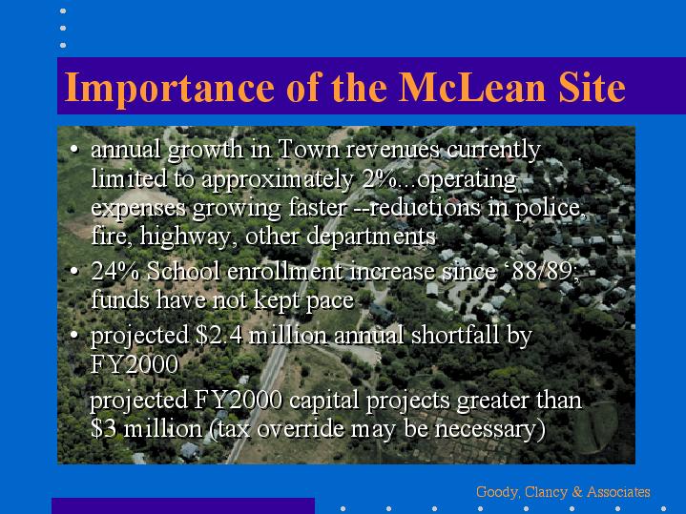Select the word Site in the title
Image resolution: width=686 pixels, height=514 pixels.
point(592,87)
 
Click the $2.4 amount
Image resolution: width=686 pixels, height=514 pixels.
point(218,336)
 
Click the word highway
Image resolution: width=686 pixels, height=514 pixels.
point(189,237)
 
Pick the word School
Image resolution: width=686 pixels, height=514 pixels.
point(183,271)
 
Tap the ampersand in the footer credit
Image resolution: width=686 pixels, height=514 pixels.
point(577,492)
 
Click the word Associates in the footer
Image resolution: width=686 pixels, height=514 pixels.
point(618,492)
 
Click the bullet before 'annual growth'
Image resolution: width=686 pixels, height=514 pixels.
point(74,150)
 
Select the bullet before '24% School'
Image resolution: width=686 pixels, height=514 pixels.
point(74,271)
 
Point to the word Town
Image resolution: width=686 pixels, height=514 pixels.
point(308,149)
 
